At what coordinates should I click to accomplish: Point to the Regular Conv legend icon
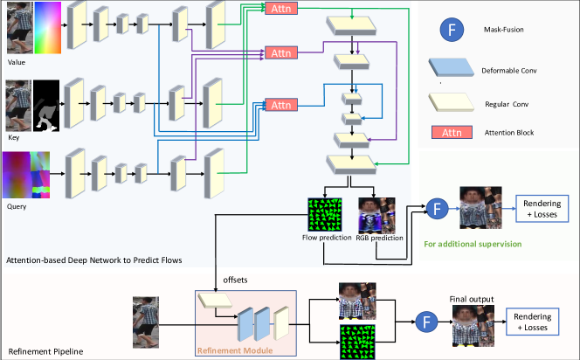(x=455, y=103)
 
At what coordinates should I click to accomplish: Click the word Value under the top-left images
(x=17, y=63)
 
